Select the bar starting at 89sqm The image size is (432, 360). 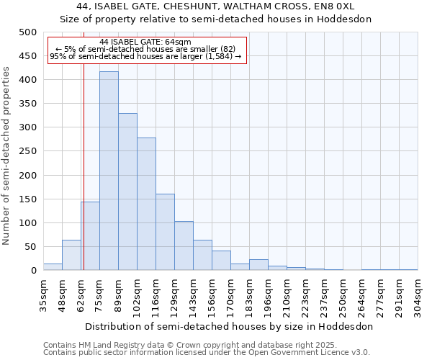click(127, 192)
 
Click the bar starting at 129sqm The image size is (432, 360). click(184, 246)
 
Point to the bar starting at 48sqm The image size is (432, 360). click(71, 255)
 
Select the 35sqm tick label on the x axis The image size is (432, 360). click(43, 294)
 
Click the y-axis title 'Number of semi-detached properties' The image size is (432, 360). click(7, 156)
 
